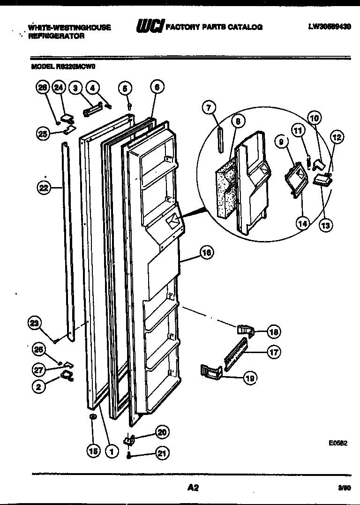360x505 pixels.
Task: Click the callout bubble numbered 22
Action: pos(44,188)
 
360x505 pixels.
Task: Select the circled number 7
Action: pos(209,108)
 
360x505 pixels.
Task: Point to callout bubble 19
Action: pos(250,378)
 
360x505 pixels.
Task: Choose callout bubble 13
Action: pos(325,225)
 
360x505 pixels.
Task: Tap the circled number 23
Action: pos(35,323)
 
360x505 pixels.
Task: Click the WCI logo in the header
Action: pos(149,27)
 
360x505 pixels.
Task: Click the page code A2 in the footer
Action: pos(193,488)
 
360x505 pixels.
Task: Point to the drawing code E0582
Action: pos(337,442)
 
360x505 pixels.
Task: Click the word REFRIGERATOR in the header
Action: pos(56,36)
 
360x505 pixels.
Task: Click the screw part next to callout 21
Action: pos(128,454)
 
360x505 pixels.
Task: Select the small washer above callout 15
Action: pos(93,416)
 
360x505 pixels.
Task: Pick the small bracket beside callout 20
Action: pos(129,439)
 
